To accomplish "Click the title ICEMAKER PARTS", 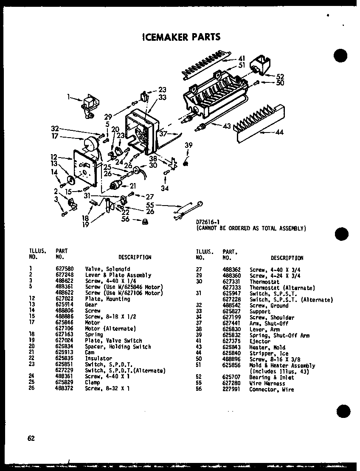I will (180, 37).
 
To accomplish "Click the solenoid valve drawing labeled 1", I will (90, 104).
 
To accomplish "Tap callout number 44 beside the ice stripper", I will (279, 132).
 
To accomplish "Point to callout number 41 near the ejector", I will (242, 58).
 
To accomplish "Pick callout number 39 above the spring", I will (188, 145).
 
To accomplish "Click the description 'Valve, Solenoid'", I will (107, 269).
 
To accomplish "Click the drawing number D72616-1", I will (207, 222).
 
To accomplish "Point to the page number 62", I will (31, 439).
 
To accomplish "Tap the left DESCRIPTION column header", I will (135, 257).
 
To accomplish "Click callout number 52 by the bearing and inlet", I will (280, 76).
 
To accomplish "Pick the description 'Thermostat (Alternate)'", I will (282, 288).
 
